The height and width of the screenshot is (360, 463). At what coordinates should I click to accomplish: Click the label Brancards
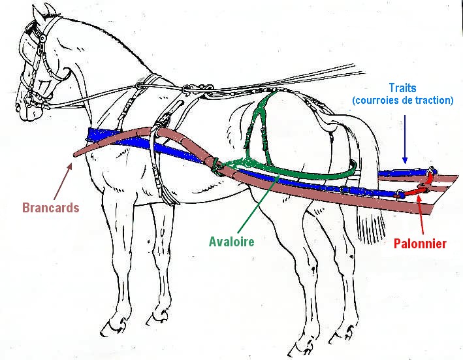point(50,208)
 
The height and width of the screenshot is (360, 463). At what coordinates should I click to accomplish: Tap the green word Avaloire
point(231,241)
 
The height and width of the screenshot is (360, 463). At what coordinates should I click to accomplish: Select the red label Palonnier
point(420,244)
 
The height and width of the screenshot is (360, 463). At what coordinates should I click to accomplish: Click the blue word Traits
point(402,88)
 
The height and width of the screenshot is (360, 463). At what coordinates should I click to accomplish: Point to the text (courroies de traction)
point(402,101)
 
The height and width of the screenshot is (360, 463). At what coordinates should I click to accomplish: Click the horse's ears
point(47,11)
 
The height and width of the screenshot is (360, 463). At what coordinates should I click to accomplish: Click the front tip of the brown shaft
point(76,155)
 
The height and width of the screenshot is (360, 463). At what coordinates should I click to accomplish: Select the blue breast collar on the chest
point(98,137)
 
